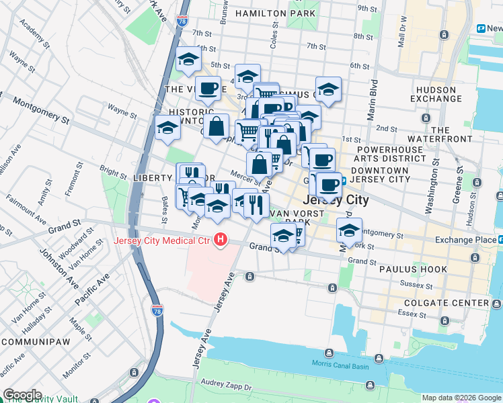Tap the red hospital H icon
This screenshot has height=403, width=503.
tap(220, 240)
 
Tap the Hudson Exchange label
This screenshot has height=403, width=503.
tap(436, 94)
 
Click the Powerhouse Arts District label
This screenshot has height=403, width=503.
tap(391, 154)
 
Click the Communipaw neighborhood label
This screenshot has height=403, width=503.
tap(33, 341)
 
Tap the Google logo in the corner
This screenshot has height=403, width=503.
tap(22, 395)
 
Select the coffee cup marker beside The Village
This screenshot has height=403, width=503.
tap(208, 87)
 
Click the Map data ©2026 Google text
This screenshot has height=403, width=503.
tap(461, 398)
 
